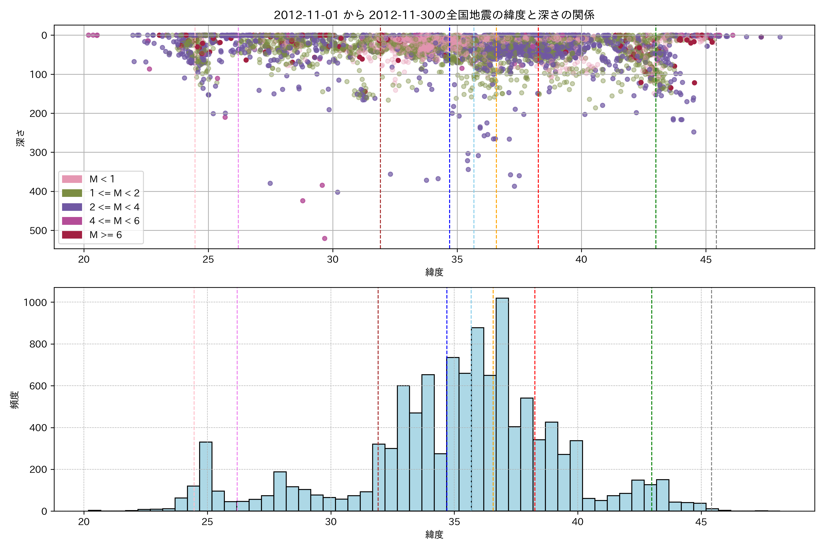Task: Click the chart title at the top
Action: click(x=434, y=15)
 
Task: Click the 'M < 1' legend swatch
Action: click(x=72, y=179)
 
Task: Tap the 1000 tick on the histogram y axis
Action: click(x=35, y=302)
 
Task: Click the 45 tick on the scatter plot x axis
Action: click(x=706, y=260)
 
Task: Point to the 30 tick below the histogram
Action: click(x=331, y=522)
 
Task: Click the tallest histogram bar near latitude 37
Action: click(x=502, y=403)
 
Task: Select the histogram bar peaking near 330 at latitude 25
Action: click(x=206, y=477)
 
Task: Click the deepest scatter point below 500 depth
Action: click(x=324, y=239)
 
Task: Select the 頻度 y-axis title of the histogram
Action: click(x=15, y=400)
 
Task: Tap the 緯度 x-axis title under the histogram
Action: click(x=434, y=535)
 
